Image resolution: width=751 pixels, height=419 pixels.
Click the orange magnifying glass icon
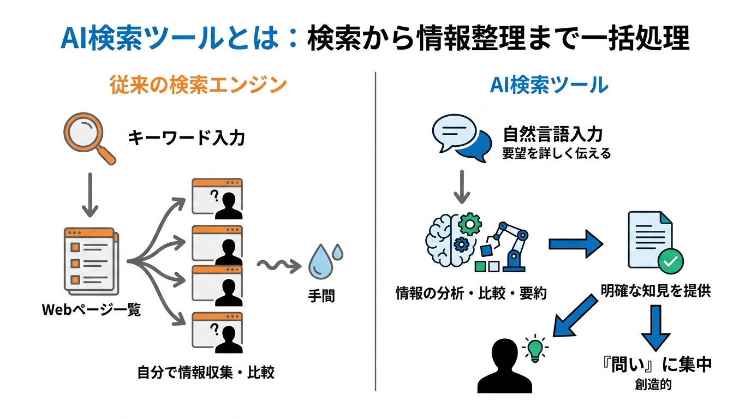87,137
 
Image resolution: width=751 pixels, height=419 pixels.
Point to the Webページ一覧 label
91,310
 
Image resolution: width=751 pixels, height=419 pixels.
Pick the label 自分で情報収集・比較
206,373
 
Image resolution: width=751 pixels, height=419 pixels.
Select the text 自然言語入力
552,134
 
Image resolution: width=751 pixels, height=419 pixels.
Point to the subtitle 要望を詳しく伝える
556,154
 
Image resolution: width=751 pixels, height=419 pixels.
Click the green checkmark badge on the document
670,261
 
